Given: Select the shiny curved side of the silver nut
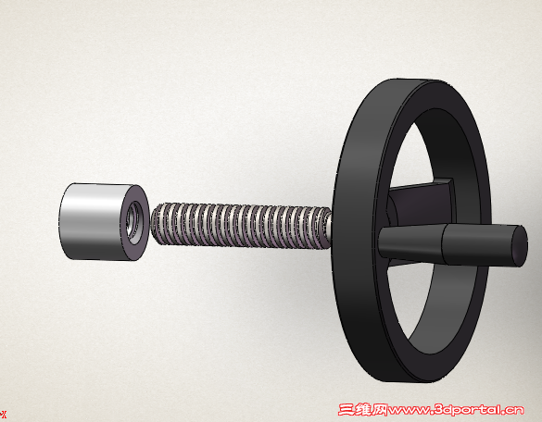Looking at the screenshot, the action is point(92,220).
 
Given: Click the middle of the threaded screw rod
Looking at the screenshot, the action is point(242,225).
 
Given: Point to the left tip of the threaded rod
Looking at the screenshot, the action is point(151,223).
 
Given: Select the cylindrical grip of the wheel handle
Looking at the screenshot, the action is point(484,244).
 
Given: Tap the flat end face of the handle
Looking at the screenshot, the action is point(520,246).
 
